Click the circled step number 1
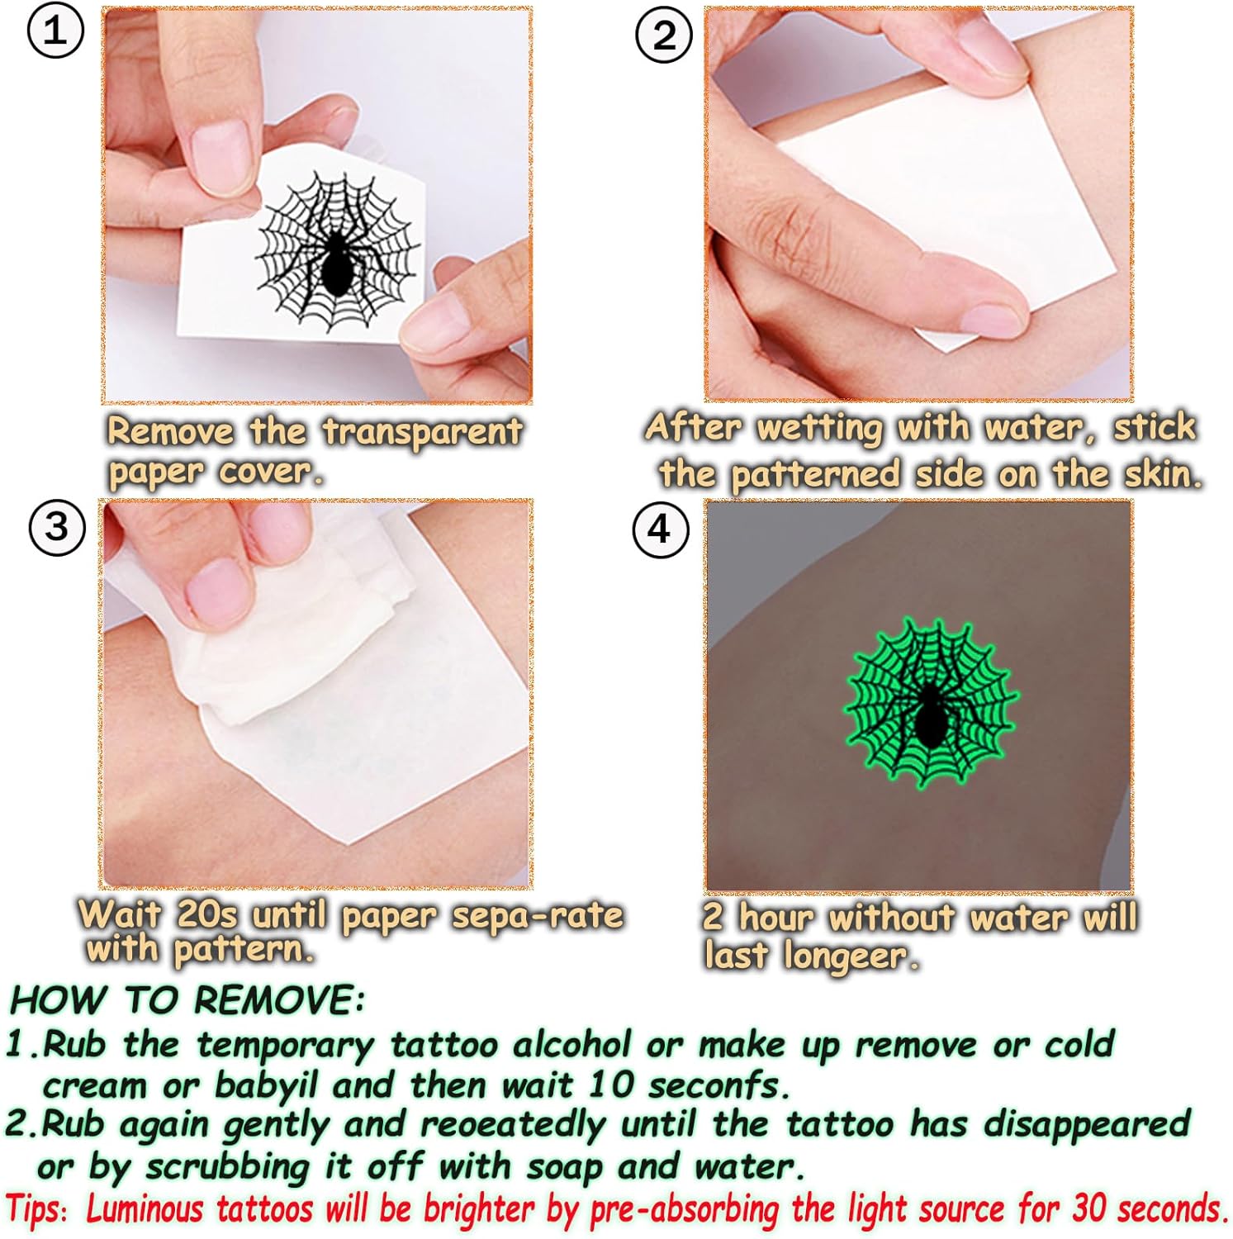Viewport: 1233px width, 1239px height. pyautogui.click(x=55, y=31)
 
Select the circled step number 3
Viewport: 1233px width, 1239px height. pyautogui.click(x=57, y=526)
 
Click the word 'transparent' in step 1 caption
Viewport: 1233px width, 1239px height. pyautogui.click(x=422, y=432)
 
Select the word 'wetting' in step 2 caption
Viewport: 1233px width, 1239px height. pyautogui.click(x=819, y=429)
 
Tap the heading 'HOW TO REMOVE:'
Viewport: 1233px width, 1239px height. pyautogui.click(x=187, y=1000)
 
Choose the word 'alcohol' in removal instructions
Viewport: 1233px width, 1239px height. pyautogui.click(x=572, y=1045)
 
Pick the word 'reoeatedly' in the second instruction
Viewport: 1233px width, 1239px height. pyautogui.click(x=512, y=1125)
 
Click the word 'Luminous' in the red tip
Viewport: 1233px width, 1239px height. pyautogui.click(x=145, y=1209)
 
